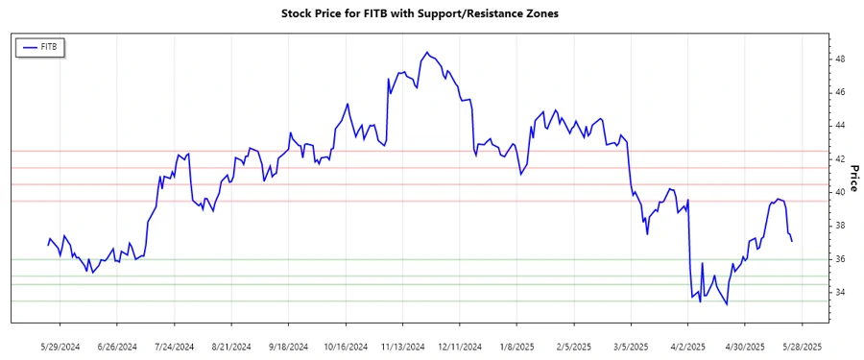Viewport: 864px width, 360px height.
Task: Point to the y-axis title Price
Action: (x=852, y=177)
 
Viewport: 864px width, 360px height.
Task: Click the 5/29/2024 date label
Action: (x=60, y=346)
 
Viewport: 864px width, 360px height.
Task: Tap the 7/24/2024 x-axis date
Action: (x=174, y=346)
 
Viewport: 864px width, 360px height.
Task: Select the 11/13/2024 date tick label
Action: (x=402, y=346)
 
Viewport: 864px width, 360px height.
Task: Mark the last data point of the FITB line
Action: (x=792, y=241)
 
